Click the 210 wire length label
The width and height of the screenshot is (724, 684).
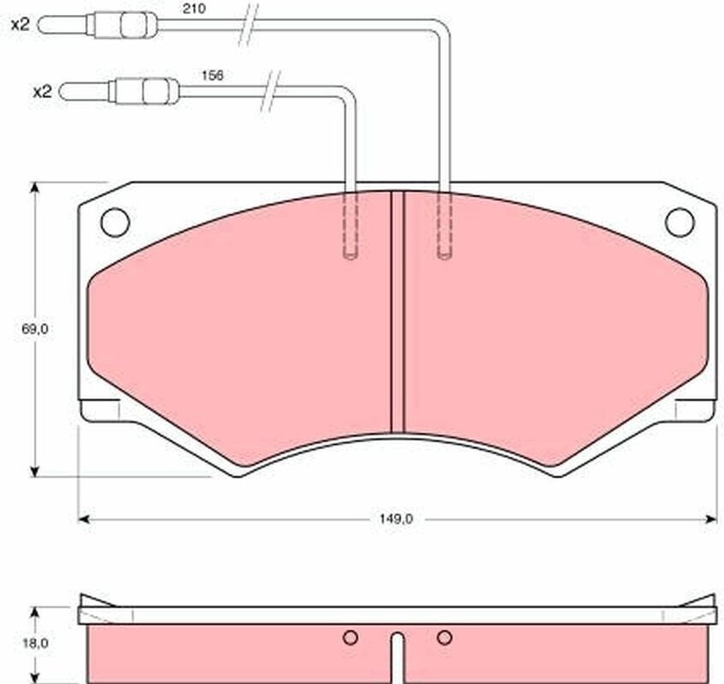pos(194,8)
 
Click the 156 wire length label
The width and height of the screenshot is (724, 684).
pos(212,75)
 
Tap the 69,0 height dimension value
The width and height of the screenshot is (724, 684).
pos(35,329)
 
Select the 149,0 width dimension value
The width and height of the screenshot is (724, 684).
pos(396,519)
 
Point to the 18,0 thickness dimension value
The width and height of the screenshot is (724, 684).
pos(35,643)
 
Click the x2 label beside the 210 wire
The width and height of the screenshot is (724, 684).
pos(21,25)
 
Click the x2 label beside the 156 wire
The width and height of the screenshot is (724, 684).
pos(42,92)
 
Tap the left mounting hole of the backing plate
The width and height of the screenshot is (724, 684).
pos(115,223)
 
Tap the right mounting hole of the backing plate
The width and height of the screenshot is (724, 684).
pos(679,223)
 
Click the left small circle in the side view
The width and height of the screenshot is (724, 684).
pos(351,637)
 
